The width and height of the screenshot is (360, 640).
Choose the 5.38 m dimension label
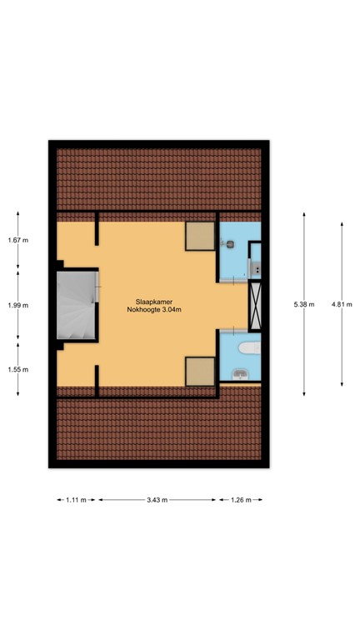[x=305, y=304]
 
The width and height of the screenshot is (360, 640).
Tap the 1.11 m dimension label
[x=77, y=500]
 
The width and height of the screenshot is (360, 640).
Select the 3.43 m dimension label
[x=157, y=500]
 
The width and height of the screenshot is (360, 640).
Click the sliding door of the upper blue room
[x=235, y=282]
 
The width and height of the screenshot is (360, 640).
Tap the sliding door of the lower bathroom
[x=235, y=330]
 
